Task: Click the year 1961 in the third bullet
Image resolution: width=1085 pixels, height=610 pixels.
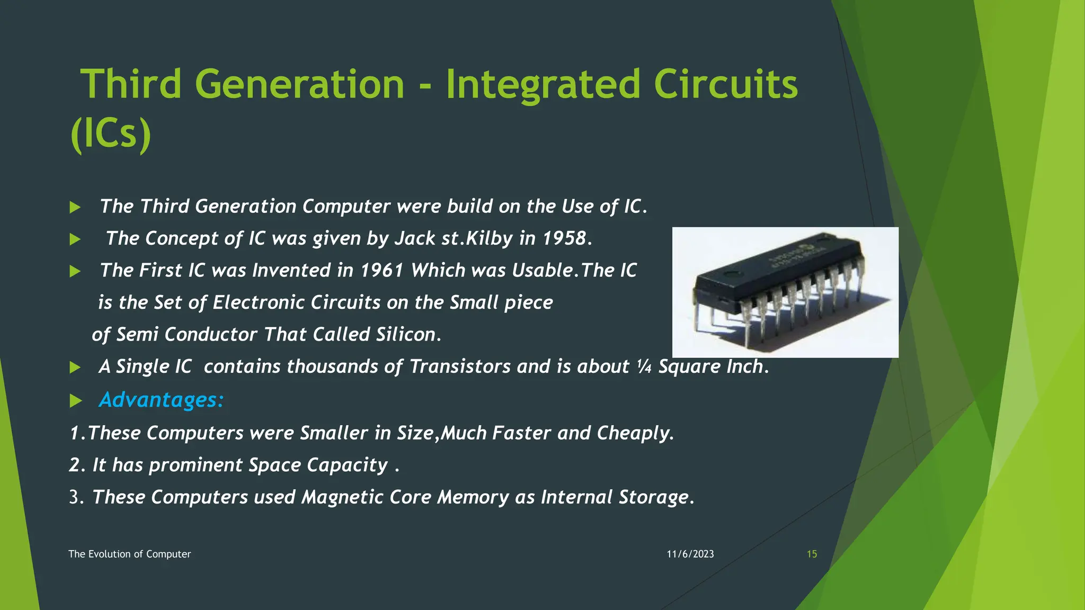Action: click(382, 271)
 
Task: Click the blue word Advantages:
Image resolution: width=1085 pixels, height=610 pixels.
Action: click(162, 400)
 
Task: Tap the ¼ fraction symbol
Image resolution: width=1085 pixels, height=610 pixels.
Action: click(644, 366)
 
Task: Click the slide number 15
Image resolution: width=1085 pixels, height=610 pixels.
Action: click(812, 554)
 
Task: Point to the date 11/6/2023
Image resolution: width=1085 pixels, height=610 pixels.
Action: click(690, 554)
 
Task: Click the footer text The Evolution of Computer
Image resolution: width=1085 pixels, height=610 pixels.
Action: click(129, 554)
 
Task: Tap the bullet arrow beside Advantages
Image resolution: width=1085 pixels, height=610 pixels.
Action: click(75, 401)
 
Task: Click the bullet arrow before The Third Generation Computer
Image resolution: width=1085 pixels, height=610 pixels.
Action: click(75, 207)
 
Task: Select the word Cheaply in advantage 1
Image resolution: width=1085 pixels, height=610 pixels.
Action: click(635, 433)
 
